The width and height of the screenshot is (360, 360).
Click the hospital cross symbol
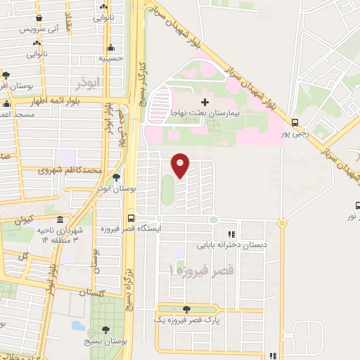(x=205, y=103)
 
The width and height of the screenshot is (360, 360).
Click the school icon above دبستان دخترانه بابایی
(x=231, y=235)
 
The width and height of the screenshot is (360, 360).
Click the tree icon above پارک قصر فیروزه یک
(x=186, y=309)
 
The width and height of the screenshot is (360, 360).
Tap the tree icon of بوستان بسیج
(x=105, y=329)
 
